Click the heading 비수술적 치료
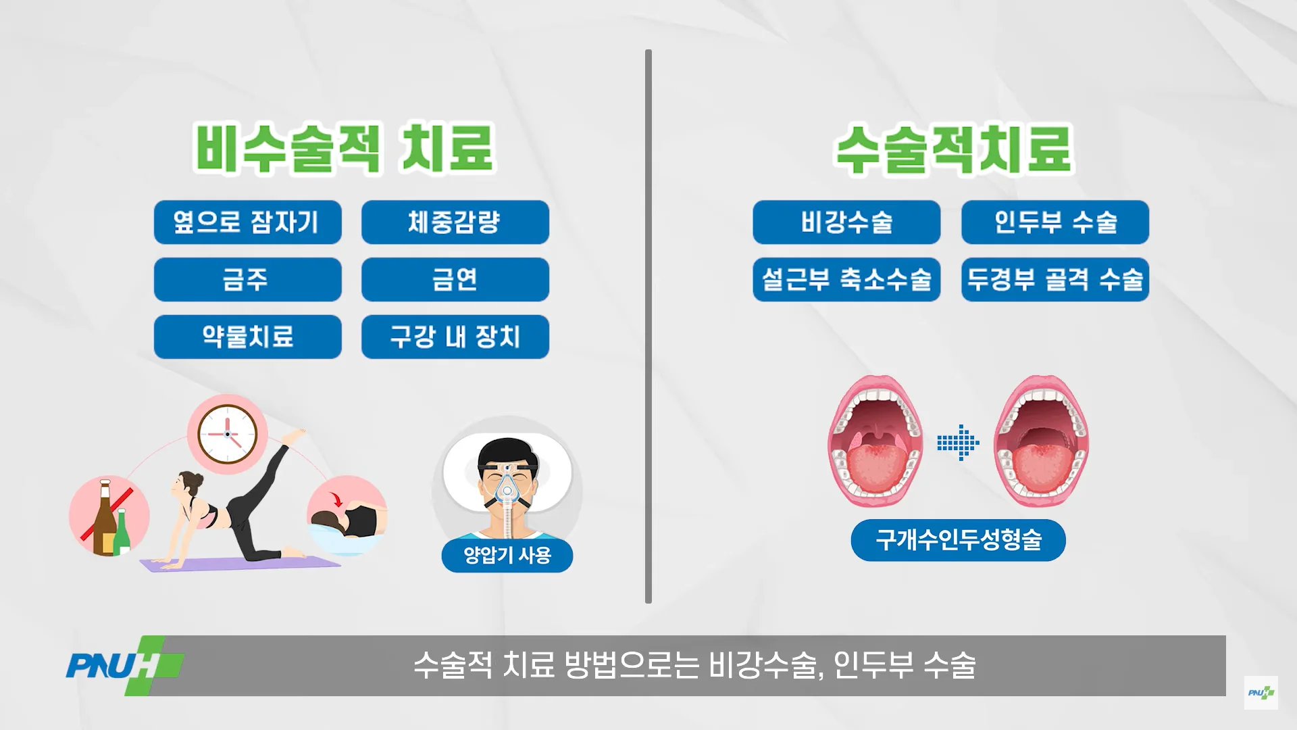click(345, 147)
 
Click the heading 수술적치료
click(953, 149)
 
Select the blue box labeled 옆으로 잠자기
click(248, 222)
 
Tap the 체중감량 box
click(455, 222)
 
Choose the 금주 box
click(248, 279)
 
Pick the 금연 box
click(455, 279)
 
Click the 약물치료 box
click(248, 337)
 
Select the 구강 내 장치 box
click(455, 337)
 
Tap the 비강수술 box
click(846, 222)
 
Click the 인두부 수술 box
click(1055, 222)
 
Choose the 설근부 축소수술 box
click(846, 279)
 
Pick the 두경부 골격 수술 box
click(1055, 279)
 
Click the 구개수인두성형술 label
click(958, 540)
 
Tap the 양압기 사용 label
click(507, 556)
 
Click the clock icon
click(228, 434)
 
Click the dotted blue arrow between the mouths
click(958, 443)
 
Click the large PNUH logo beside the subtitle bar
click(125, 666)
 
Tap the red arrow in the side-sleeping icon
click(336, 500)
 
